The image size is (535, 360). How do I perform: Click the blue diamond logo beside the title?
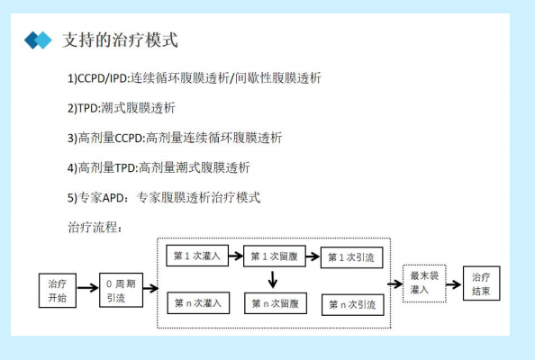(38, 40)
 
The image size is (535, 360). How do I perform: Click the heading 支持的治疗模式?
(120, 40)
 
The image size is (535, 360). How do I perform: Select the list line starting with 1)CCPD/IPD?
(195, 78)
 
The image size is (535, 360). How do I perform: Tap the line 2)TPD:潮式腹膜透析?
(121, 108)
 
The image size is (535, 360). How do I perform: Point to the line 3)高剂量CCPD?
(175, 138)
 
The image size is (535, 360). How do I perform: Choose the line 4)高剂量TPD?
(159, 167)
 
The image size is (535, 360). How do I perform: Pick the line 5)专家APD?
(164, 198)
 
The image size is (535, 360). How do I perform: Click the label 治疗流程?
(95, 227)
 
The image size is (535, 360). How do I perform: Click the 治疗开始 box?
(58, 291)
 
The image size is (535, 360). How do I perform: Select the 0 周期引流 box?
(121, 290)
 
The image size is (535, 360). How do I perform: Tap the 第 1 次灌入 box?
(197, 256)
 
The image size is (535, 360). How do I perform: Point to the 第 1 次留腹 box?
(275, 256)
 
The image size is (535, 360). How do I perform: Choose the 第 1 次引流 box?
(352, 257)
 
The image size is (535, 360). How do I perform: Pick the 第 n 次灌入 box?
(198, 302)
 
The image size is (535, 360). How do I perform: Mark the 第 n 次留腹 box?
(276, 303)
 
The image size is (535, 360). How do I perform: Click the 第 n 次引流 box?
(353, 304)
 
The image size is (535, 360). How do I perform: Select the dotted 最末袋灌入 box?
(424, 283)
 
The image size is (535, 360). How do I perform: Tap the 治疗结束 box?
(482, 283)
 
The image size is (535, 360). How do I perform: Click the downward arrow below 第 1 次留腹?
(273, 280)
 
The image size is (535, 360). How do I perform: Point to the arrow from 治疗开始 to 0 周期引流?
(87, 288)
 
